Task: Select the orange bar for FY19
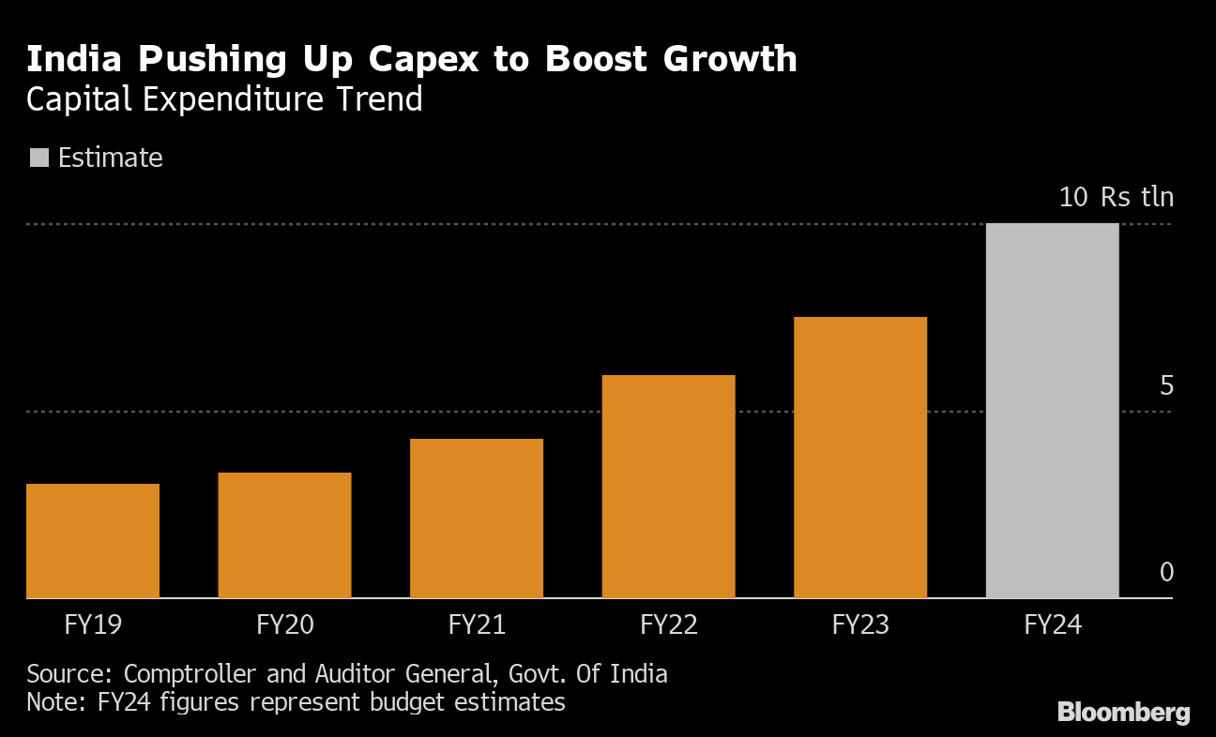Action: pyautogui.click(x=93, y=541)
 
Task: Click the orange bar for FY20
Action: pyautogui.click(x=284, y=535)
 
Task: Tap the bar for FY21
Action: pyautogui.click(x=477, y=519)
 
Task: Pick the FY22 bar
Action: pyautogui.click(x=668, y=487)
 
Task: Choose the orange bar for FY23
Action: pyautogui.click(x=860, y=458)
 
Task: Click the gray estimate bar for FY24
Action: pyautogui.click(x=1052, y=411)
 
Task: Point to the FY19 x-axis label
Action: pyautogui.click(x=93, y=624)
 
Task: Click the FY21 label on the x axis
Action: pyautogui.click(x=477, y=624)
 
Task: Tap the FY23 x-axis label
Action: pyautogui.click(x=860, y=624)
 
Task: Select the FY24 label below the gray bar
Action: pyautogui.click(x=1052, y=624)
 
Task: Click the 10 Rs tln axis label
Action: pyautogui.click(x=1116, y=197)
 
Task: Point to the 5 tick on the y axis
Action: pyautogui.click(x=1166, y=385)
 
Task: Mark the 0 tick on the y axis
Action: pyautogui.click(x=1166, y=572)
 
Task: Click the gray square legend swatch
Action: pyautogui.click(x=39, y=158)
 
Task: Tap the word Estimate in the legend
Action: pyautogui.click(x=110, y=158)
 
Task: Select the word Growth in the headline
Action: pyautogui.click(x=730, y=59)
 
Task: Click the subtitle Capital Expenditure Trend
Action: pyautogui.click(x=224, y=99)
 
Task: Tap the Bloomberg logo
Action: pyautogui.click(x=1123, y=713)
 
